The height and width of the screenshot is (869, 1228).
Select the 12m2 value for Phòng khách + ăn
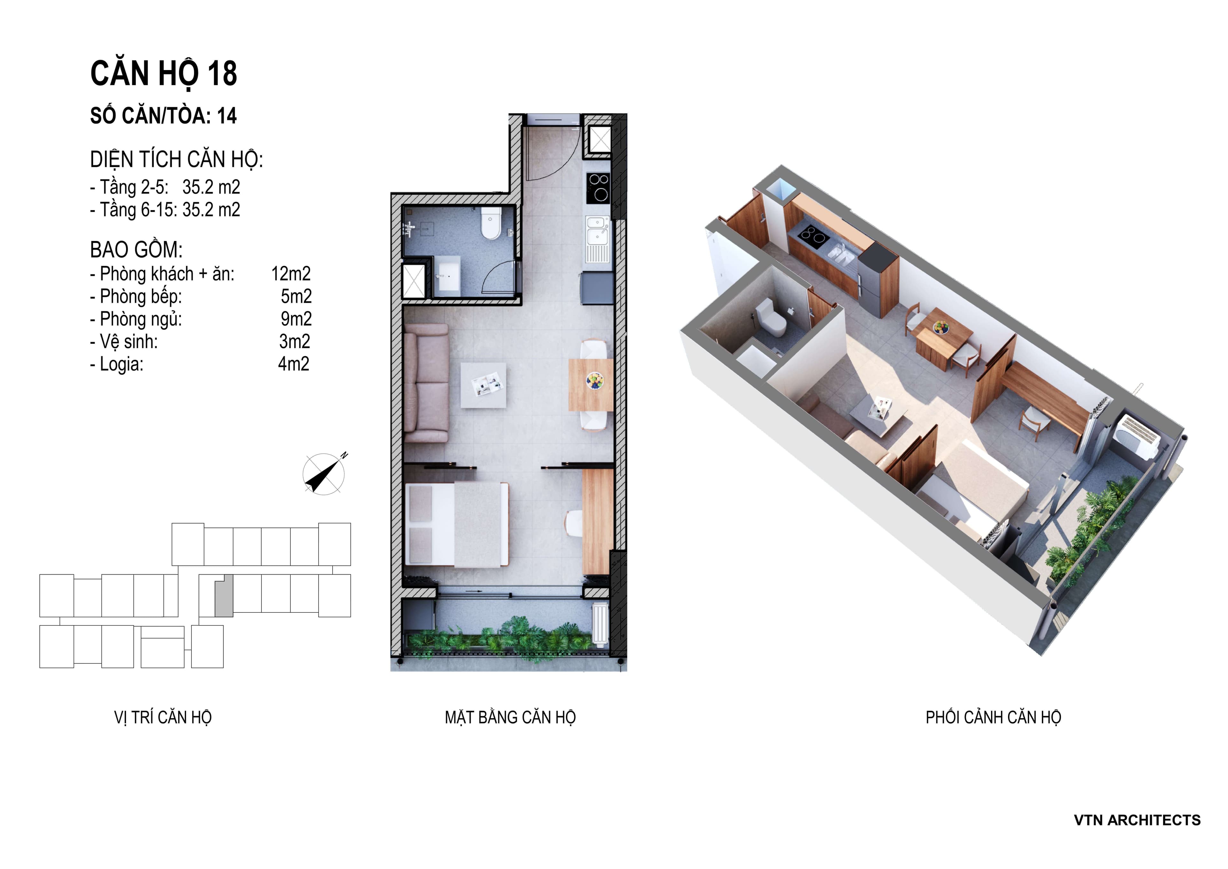tap(291, 274)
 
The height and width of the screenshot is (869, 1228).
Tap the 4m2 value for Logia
tap(294, 364)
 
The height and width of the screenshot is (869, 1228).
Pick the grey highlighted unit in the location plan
tap(224, 596)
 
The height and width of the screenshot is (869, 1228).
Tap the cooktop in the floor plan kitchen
tap(599, 187)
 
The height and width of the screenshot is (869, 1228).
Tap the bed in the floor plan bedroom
tap(457, 524)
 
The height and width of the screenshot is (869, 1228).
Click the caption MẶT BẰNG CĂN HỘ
tap(510, 718)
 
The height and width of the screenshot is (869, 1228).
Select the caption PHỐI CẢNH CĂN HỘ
tap(993, 718)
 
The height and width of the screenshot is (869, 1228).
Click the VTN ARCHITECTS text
tap(1137, 820)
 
